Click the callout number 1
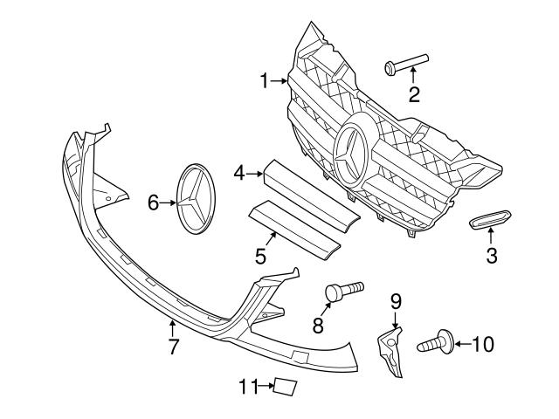click(x=265, y=82)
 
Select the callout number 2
click(x=414, y=94)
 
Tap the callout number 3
click(x=492, y=256)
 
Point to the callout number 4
click(x=238, y=175)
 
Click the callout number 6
click(x=153, y=203)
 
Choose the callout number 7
click(x=173, y=347)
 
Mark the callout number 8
click(x=318, y=326)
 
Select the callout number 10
click(x=482, y=344)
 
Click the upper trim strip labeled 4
click(x=310, y=187)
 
